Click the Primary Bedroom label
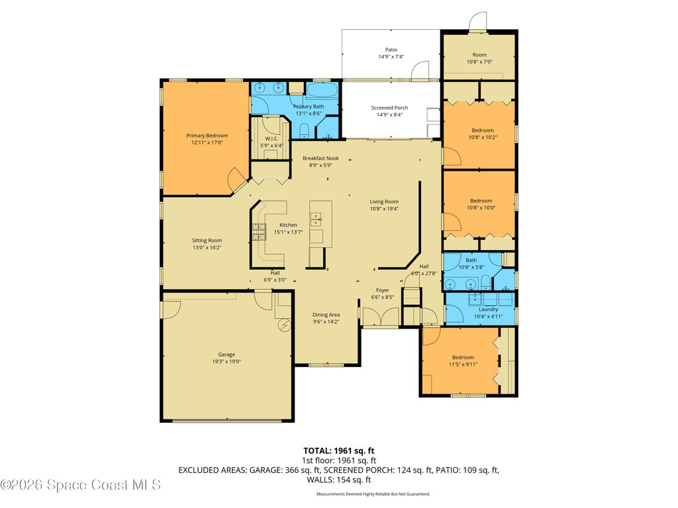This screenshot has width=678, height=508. (x=207, y=136)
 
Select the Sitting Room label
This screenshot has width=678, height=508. (x=207, y=240)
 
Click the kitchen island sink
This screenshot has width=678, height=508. (x=316, y=218)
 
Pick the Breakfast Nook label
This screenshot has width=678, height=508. (x=320, y=158)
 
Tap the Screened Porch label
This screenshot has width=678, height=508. (x=389, y=108)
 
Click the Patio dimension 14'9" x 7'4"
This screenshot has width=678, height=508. (x=391, y=57)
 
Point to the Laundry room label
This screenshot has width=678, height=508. (x=488, y=309)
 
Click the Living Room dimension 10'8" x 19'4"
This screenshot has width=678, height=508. (x=384, y=208)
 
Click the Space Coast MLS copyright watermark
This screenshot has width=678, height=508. (x=80, y=485)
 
